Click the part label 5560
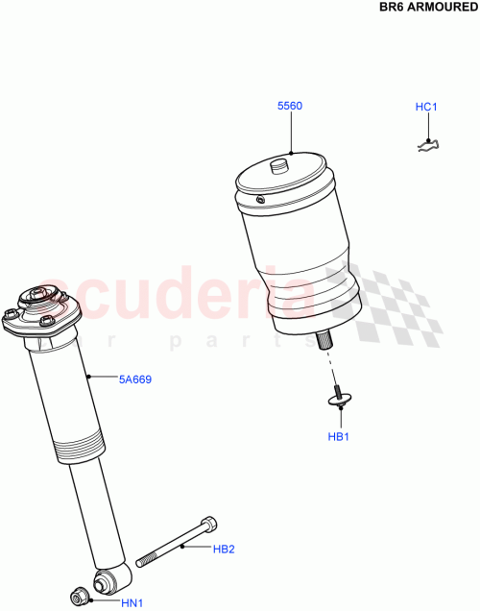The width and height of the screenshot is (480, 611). (290, 106)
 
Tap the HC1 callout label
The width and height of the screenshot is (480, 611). (426, 107)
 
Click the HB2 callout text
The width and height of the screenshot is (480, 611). (224, 550)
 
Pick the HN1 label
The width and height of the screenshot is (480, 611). (131, 602)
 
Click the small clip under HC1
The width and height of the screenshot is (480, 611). (427, 145)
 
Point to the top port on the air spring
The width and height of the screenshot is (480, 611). (279, 165)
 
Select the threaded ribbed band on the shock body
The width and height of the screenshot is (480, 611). (76, 449)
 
